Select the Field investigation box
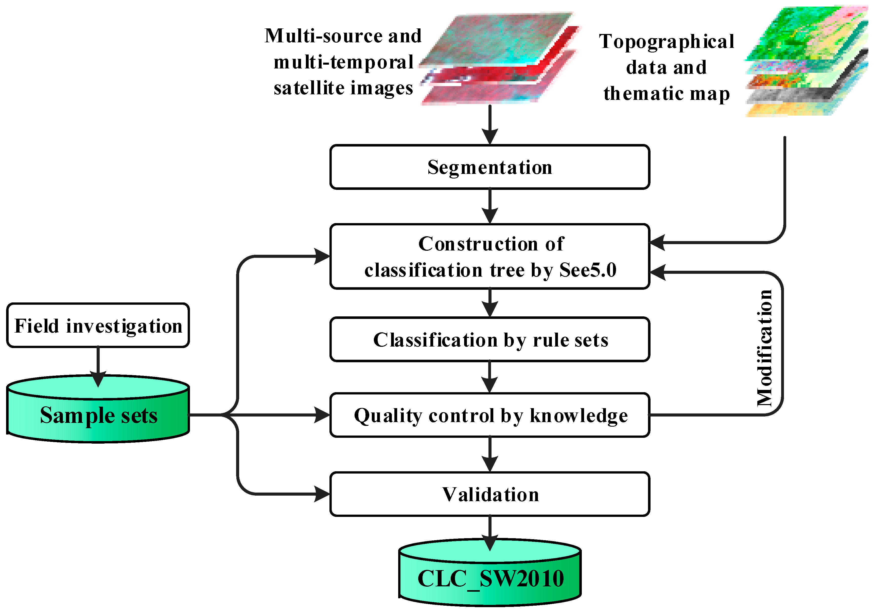pos(98,325)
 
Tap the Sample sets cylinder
pos(98,415)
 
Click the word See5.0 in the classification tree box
pos(588,270)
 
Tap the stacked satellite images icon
pos(500,59)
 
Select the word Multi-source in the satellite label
pos(324,36)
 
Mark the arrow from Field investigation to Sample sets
pos(98,366)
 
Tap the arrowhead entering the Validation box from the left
pos(322,494)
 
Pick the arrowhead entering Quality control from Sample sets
pos(322,415)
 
